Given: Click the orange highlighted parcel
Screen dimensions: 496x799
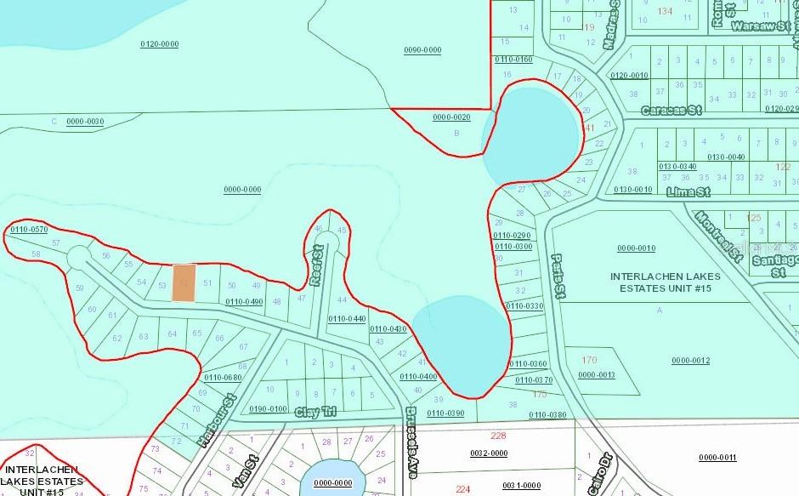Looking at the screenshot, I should point(184,282).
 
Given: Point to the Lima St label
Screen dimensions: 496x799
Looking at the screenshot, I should point(688,192).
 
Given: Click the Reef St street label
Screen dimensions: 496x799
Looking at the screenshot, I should point(317,265).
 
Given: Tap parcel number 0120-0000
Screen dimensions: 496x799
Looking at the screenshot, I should point(159,43).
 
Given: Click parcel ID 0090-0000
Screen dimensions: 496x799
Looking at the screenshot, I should point(422,50).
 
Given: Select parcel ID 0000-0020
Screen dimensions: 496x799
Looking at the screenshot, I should point(451,117).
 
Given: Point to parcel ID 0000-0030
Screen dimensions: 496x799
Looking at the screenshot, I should point(84,122).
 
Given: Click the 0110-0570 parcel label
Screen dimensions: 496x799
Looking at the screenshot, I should point(29,230).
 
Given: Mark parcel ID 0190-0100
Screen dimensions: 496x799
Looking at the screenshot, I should point(268,409).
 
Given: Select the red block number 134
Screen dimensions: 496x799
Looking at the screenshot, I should point(665,11).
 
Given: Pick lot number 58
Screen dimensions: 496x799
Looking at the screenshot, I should point(35,254).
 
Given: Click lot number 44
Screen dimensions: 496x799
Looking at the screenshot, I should point(343,300).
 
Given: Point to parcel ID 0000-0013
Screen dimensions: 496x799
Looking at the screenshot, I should point(596,374).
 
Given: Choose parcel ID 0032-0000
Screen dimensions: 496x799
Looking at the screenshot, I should point(489,453).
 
